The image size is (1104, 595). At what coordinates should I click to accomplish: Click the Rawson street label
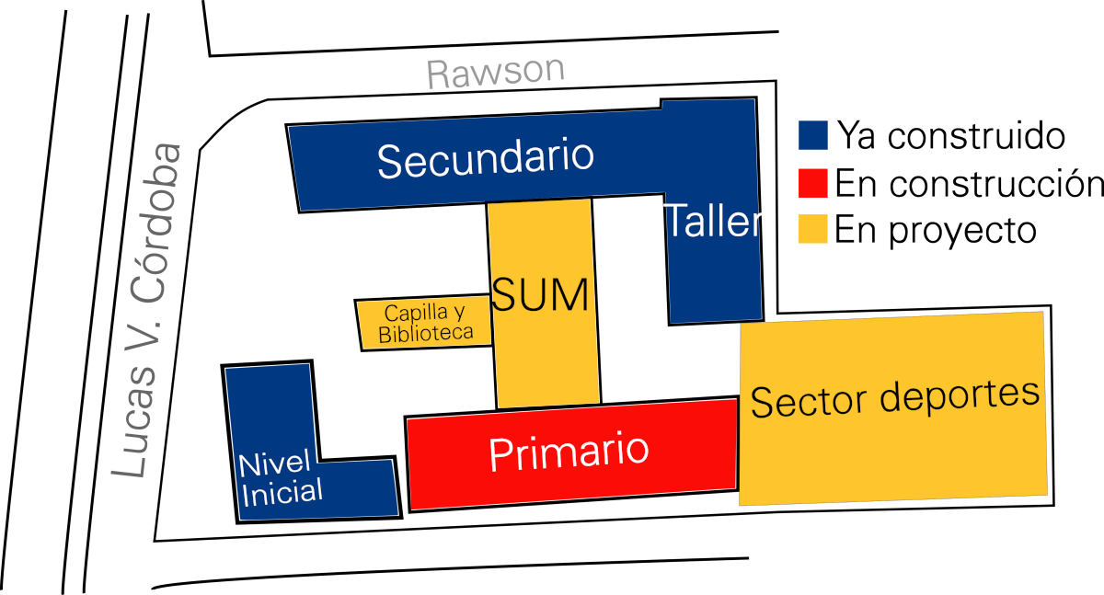[x=496, y=74]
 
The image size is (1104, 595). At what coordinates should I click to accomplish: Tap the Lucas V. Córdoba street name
[x=146, y=310]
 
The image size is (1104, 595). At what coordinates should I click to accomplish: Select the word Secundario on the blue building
[x=486, y=158]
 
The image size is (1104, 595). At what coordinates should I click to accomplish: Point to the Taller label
[x=713, y=220]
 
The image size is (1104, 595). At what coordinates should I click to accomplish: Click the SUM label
[x=540, y=295]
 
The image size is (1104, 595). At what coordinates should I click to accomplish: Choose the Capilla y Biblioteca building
[x=423, y=323]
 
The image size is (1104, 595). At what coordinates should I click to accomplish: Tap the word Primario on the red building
[x=569, y=453]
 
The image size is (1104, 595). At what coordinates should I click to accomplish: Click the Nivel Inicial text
[x=280, y=478]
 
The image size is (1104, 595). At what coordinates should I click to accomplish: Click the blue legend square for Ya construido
[x=813, y=135]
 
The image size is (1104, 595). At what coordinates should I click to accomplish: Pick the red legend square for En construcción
[x=813, y=183]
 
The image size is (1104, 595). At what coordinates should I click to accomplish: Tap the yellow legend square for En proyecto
[x=813, y=229]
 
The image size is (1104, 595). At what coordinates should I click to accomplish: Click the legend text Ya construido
[x=951, y=135]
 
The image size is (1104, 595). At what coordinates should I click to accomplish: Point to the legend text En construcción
[x=970, y=184]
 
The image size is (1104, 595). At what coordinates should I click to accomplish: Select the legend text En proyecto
[x=936, y=231]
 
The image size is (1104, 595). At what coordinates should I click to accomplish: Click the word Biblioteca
[x=426, y=334]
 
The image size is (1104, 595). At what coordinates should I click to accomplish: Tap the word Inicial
[x=282, y=493]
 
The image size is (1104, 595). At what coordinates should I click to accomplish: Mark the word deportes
[x=960, y=395]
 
